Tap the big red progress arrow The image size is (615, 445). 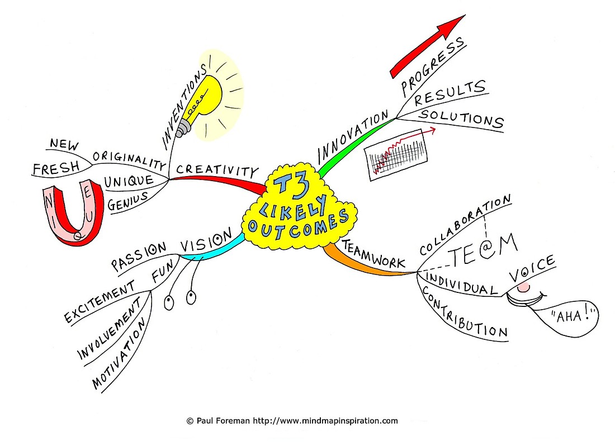(428, 46)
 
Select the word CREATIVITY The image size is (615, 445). (217, 170)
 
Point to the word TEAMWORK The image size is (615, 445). (373, 254)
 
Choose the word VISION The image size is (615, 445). (206, 240)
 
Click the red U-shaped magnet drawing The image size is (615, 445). (73, 212)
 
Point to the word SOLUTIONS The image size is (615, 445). (461, 119)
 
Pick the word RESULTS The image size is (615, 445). (450, 93)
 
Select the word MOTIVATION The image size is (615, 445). (119, 353)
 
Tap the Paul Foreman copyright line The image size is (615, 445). (292, 421)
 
